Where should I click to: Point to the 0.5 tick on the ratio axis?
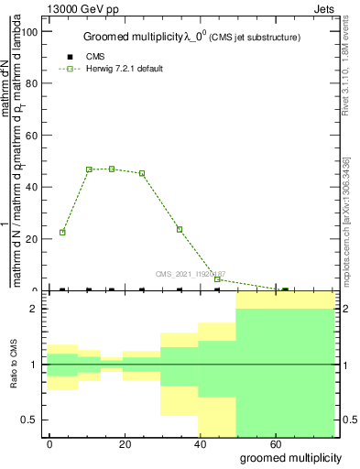(x=31, y=420)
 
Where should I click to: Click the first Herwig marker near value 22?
(x=62, y=232)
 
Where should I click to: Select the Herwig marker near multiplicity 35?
(x=180, y=229)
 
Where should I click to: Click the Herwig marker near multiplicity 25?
(x=142, y=173)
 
